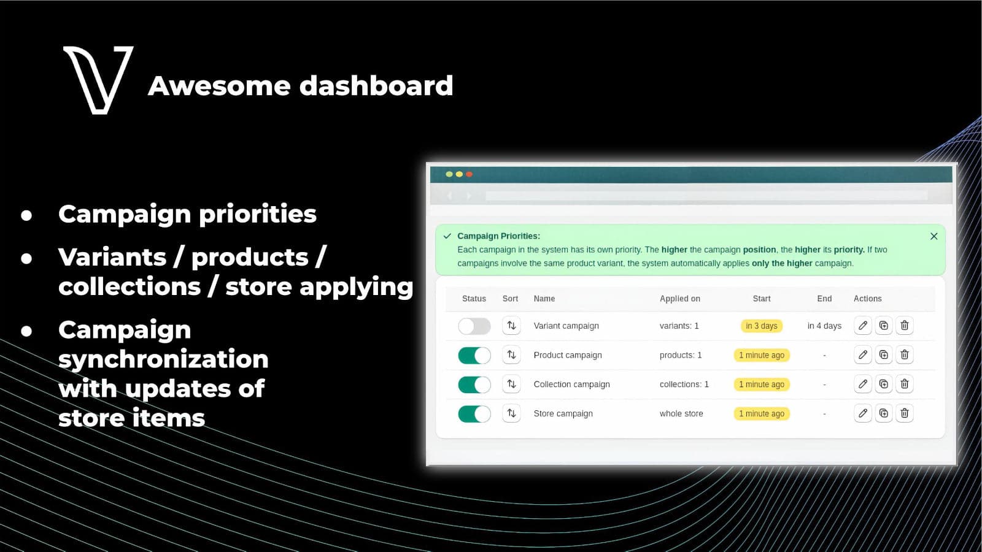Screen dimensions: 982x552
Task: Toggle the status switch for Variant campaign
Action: coord(474,326)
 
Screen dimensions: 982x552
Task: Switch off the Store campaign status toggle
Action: coord(474,413)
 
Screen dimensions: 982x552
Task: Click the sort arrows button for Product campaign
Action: coord(511,355)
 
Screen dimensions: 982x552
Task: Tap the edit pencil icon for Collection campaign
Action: coord(862,384)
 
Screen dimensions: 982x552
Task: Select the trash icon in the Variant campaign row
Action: coord(905,326)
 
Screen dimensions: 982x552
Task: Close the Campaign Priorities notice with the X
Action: coord(934,236)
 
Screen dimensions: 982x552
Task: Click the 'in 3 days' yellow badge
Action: coord(762,326)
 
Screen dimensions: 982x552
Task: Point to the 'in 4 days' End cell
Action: coord(824,326)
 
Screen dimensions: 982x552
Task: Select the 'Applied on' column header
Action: coord(680,298)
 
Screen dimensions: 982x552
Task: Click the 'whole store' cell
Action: coord(681,413)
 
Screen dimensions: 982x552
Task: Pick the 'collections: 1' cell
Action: coord(684,384)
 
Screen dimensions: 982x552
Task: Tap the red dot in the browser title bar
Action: coord(469,174)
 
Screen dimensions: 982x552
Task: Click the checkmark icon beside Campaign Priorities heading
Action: coord(447,236)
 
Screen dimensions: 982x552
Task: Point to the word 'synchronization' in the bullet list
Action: coord(163,359)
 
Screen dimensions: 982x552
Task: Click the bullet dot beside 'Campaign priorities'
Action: coord(26,215)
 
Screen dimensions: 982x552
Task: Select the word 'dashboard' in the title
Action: coord(376,85)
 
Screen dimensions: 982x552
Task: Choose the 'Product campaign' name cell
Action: coord(568,355)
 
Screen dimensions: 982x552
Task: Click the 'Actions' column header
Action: coord(868,298)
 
